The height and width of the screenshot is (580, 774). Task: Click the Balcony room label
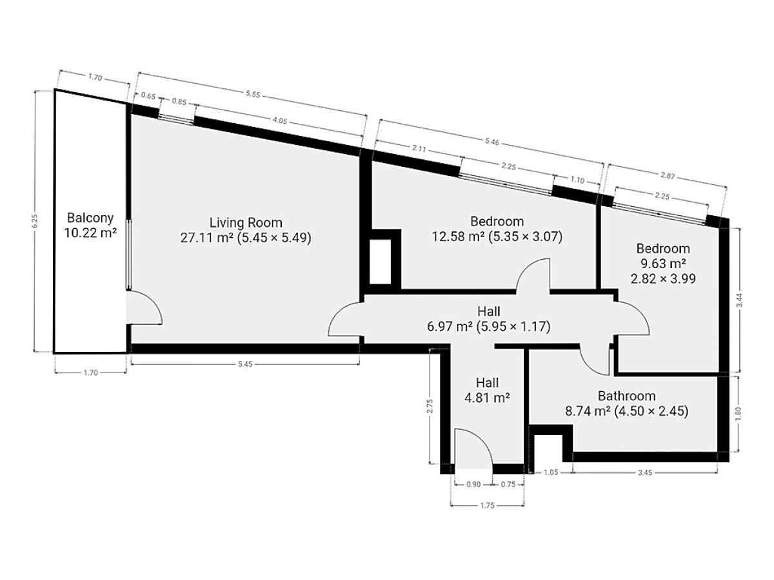pos(90,218)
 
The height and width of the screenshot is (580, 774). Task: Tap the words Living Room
pos(246,222)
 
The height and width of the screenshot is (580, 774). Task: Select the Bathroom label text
pos(626,396)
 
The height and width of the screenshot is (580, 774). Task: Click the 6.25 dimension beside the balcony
pos(35,221)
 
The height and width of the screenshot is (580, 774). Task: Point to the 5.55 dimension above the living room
pos(253,94)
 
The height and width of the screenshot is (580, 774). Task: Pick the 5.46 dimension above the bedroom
pos(492,142)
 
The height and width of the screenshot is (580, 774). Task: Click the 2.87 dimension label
pos(668,176)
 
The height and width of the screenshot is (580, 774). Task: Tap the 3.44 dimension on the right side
pos(740,300)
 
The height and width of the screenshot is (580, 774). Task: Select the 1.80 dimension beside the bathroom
pos(739,414)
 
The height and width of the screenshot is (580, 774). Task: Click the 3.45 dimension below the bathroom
pos(644,473)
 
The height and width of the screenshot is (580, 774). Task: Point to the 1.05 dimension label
pos(551,472)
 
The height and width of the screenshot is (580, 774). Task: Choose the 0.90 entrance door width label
pos(473,485)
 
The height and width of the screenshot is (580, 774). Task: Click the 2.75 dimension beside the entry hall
pos(430,406)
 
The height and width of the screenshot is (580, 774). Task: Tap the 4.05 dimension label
pos(280,121)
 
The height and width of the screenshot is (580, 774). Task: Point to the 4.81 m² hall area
pos(487,398)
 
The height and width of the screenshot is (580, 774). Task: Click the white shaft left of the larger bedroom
pos(380,261)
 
